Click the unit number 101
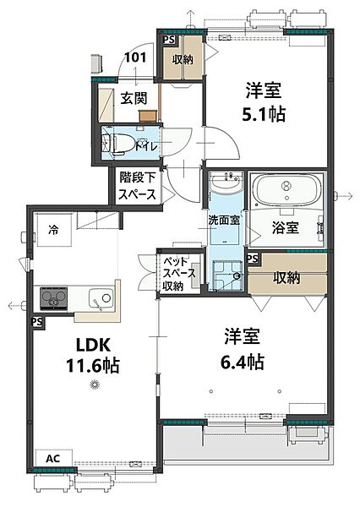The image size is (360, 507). [x=134, y=58]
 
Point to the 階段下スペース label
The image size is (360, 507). [x=136, y=186]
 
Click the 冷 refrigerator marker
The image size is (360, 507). [x=53, y=228]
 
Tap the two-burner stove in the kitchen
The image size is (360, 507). [x=52, y=298]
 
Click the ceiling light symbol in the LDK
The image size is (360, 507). [x=95, y=386]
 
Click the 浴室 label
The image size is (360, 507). [x=284, y=226]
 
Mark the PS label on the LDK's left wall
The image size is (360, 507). [x=37, y=322]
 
